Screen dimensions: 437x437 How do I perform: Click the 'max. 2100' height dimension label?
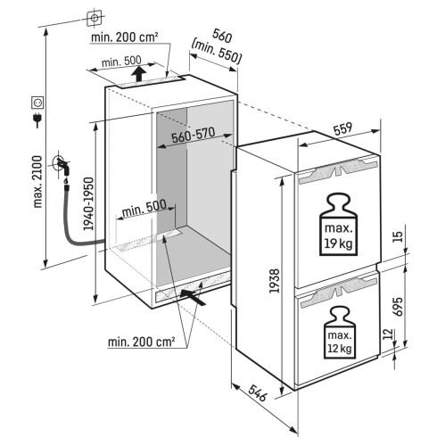pos(38,181)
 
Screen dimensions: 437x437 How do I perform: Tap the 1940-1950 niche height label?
pos(88,204)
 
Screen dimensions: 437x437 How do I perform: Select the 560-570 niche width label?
pos(194,136)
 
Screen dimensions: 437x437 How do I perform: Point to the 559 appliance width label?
pos(342,128)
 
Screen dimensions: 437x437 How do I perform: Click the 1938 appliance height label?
pos(275,281)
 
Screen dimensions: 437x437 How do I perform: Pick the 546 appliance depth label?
pos(258,392)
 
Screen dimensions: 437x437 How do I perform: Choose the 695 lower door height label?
pos(397,306)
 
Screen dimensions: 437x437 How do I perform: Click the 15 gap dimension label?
pos(398,237)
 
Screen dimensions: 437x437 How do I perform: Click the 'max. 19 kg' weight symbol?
pos(338,225)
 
